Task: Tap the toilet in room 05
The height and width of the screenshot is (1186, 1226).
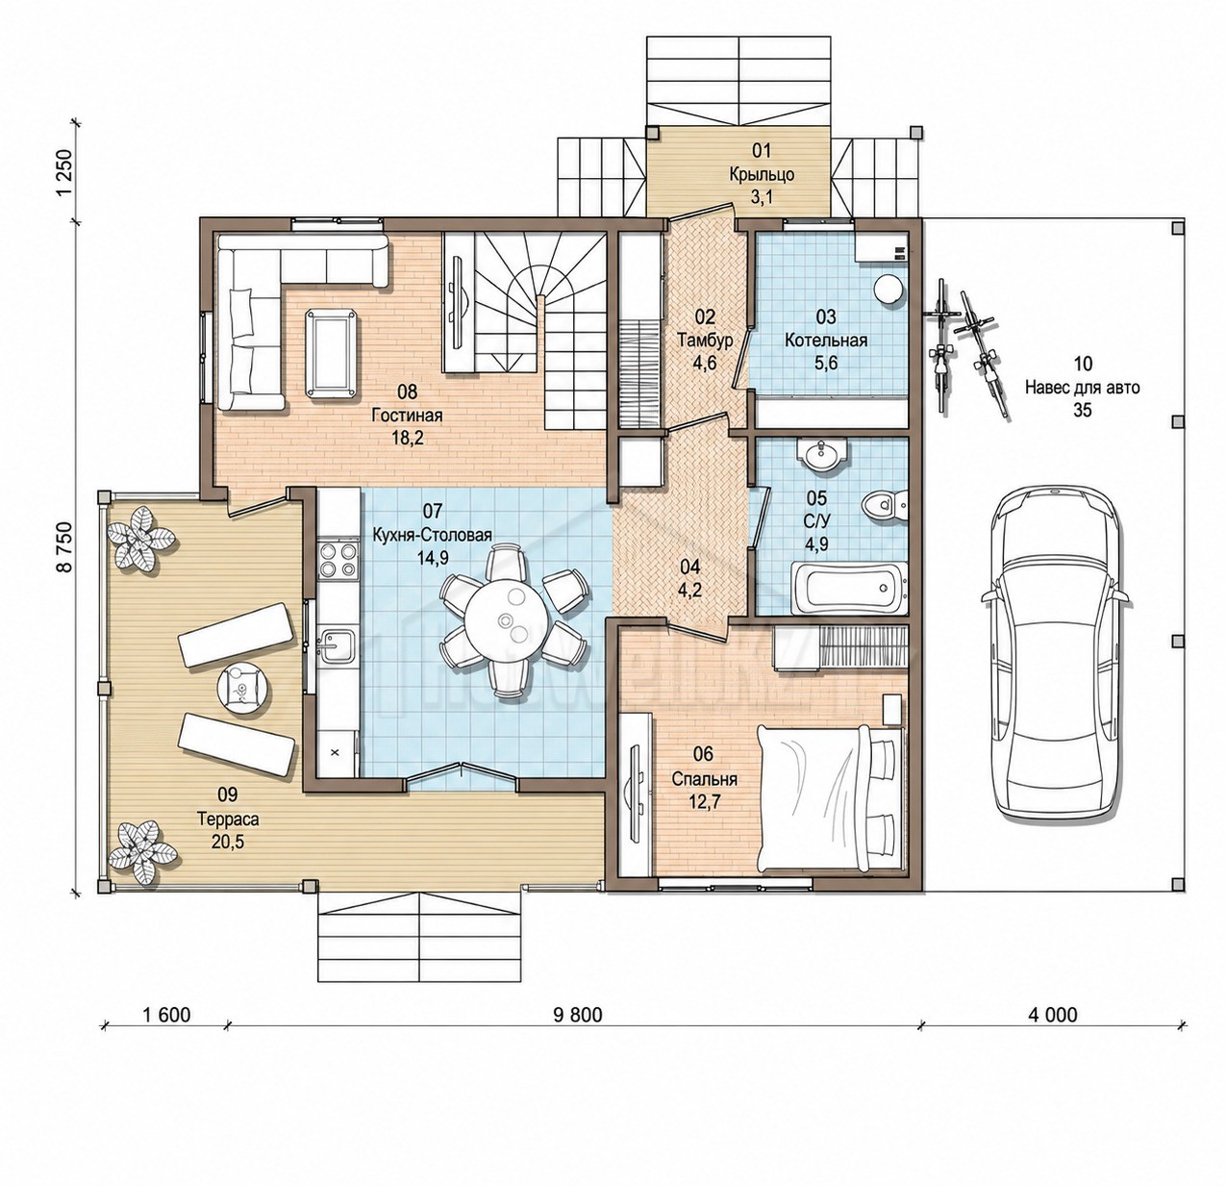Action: (x=884, y=503)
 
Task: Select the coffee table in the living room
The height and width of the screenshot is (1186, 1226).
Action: (x=332, y=353)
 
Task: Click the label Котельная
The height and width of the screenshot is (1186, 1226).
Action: (x=825, y=341)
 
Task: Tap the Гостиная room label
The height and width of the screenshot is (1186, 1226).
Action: (x=407, y=416)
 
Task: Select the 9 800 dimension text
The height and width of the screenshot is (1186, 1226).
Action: (x=577, y=1015)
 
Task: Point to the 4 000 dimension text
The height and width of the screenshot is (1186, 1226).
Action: (x=1052, y=1015)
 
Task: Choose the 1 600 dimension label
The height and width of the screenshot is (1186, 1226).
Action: (x=166, y=1015)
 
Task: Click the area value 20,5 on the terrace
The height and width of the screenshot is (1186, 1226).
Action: (x=228, y=842)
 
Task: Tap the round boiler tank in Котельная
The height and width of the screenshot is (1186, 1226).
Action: (x=888, y=289)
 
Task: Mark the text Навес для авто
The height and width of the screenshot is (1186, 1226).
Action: (x=1083, y=387)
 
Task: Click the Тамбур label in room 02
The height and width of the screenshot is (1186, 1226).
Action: (x=705, y=341)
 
